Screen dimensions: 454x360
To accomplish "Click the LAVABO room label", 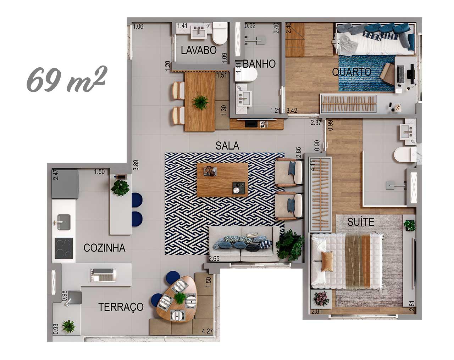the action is (199, 50).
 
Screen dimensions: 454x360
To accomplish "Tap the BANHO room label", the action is (259, 64).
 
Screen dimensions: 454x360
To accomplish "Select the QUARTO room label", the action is (351, 72).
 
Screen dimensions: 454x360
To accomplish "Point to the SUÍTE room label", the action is (361, 222).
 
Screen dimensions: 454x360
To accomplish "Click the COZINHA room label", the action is (104, 248).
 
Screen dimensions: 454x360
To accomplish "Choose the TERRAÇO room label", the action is (121, 307).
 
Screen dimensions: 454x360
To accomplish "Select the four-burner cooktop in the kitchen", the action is (64, 249).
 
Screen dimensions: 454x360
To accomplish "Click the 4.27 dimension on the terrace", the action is (207, 331).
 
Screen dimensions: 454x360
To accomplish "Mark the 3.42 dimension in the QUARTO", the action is (292, 111).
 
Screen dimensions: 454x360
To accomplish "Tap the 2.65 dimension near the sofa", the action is (214, 259).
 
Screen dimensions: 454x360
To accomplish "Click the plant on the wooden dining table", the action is (200, 102).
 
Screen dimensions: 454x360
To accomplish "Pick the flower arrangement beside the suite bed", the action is (321, 298).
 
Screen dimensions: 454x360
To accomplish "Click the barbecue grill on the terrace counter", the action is (103, 275).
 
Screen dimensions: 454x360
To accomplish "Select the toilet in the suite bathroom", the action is (405, 155).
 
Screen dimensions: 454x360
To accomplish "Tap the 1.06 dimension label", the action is (138, 26).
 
